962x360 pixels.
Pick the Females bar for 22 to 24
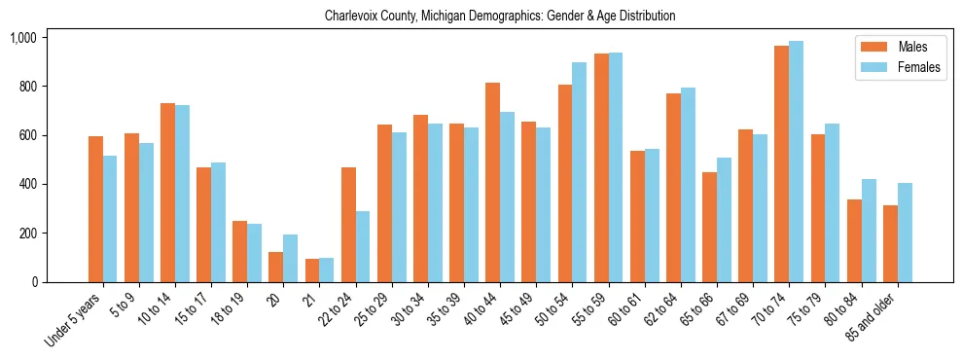(363, 247)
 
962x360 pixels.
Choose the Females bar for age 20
(290, 259)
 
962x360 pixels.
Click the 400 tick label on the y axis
(25, 185)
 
